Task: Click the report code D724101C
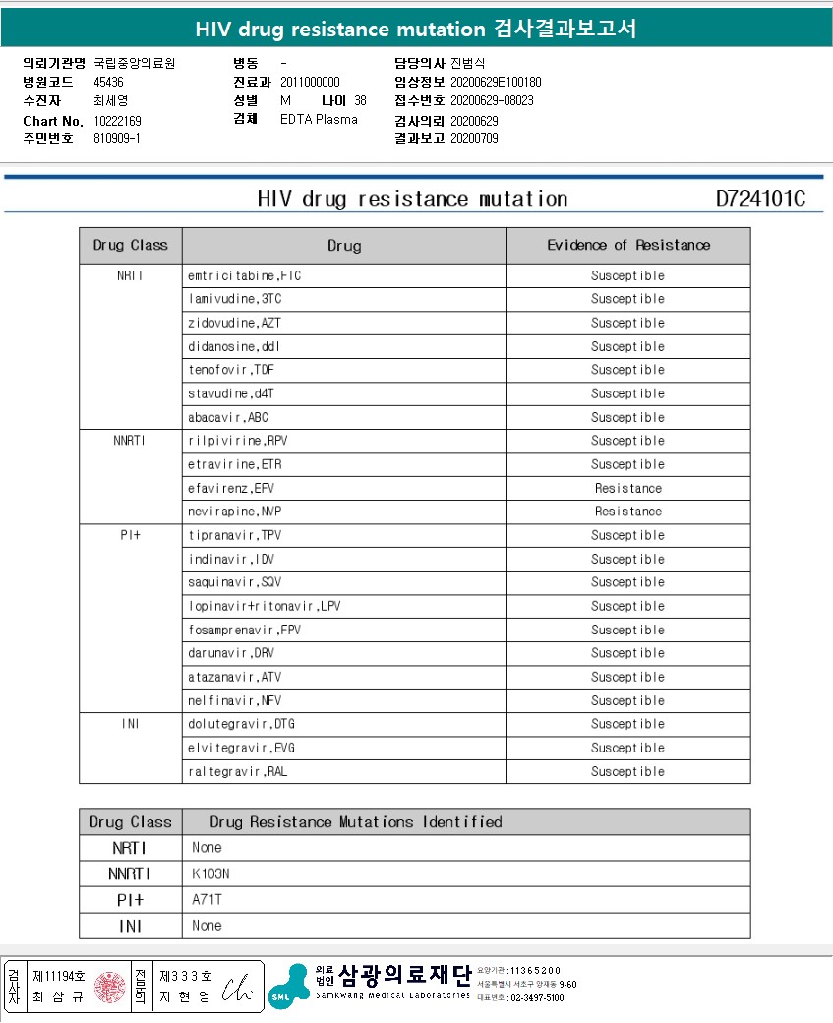click(760, 199)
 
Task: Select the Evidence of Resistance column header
click(628, 245)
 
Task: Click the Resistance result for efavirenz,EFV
click(628, 489)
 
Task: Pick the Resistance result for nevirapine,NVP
click(628, 511)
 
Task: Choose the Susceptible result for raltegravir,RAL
click(628, 772)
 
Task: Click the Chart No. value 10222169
click(118, 120)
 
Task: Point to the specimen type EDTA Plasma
click(319, 119)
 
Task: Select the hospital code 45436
click(108, 83)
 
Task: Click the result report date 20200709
click(474, 138)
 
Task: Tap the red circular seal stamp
click(110, 987)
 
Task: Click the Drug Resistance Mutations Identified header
click(355, 822)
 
